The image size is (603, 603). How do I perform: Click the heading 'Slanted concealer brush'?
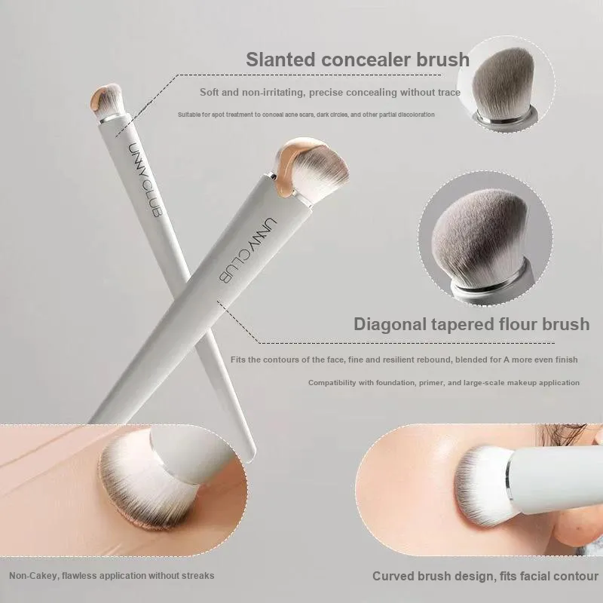pyautogui.click(x=357, y=60)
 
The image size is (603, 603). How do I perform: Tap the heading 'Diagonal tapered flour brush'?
pyautogui.click(x=472, y=324)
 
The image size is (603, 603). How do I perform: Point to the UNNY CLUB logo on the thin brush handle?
pyautogui.click(x=144, y=180)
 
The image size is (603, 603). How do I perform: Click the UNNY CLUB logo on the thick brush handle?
pyautogui.click(x=248, y=250)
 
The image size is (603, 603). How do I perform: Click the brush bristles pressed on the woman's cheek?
pyautogui.click(x=482, y=485)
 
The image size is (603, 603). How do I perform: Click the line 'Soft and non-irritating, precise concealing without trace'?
pyautogui.click(x=330, y=92)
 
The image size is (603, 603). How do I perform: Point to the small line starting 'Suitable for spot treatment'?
pyautogui.click(x=306, y=115)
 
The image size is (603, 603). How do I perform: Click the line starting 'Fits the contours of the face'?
pyautogui.click(x=404, y=360)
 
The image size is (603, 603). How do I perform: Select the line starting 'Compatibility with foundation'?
pyautogui.click(x=444, y=383)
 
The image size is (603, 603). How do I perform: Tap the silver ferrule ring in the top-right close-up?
pyautogui.click(x=504, y=115)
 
